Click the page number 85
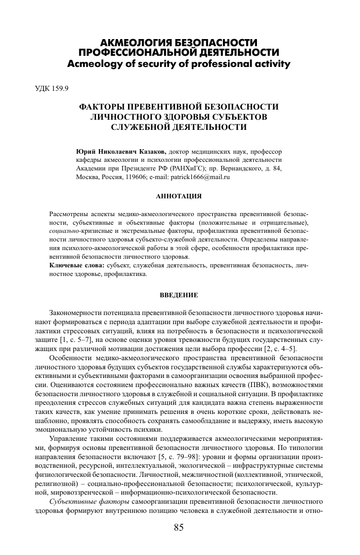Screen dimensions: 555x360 point(178,528)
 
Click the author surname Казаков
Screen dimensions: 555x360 point(151,152)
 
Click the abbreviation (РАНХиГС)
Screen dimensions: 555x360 point(196,169)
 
